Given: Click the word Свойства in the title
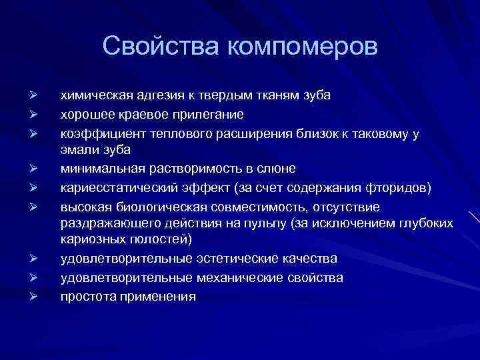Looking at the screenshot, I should tap(162, 47).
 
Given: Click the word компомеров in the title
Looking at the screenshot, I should tap(302, 49).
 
